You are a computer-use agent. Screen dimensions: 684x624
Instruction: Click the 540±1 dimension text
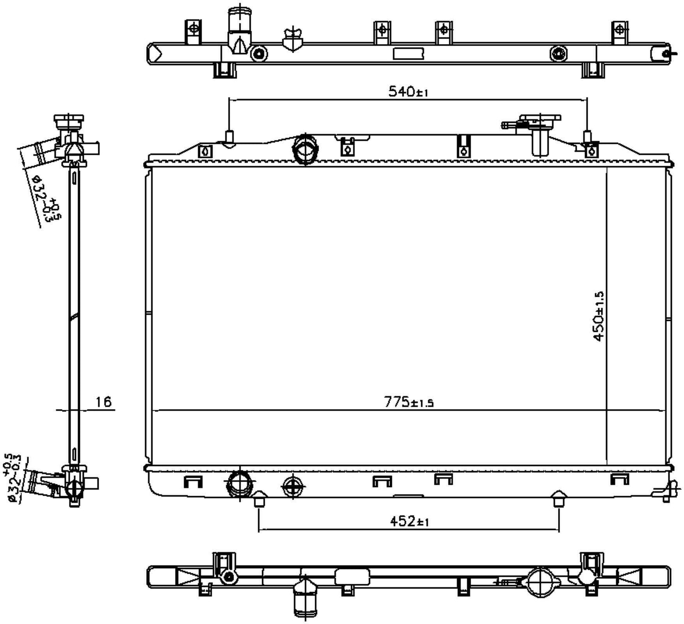click(408, 91)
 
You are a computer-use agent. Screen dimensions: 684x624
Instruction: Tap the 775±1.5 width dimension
click(409, 402)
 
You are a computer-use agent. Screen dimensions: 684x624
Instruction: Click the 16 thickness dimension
click(103, 402)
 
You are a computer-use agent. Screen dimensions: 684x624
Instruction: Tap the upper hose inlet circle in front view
click(305, 150)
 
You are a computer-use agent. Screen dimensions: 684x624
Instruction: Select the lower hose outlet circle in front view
click(240, 484)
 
